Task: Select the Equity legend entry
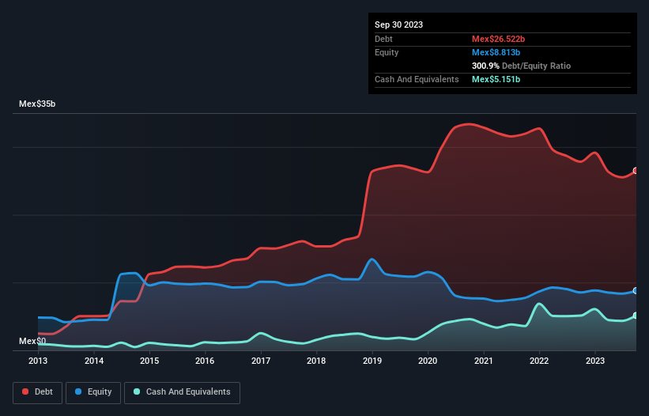point(93,392)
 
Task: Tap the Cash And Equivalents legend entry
point(182,392)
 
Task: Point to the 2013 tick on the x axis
point(38,361)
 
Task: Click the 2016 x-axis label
point(205,361)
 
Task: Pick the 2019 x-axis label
point(372,361)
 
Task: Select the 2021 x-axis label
point(483,361)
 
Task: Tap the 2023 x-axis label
point(594,361)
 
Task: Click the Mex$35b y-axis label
point(37,104)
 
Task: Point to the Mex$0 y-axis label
point(32,341)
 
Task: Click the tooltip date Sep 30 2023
point(398,25)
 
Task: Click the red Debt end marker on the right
point(636,171)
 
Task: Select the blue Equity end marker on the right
point(636,291)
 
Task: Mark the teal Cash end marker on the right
point(636,316)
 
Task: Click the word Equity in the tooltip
point(387,52)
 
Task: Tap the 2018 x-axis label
point(316,361)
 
